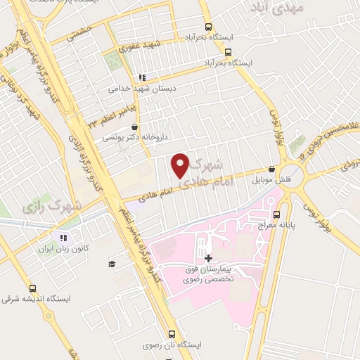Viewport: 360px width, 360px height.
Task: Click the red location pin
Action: pos(181,165)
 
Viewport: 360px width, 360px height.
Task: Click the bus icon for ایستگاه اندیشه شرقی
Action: pos(32,288)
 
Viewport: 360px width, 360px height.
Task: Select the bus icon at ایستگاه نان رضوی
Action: pos(172,335)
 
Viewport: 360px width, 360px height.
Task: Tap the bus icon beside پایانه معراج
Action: pos(276,214)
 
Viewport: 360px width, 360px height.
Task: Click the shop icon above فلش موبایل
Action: pos(272,169)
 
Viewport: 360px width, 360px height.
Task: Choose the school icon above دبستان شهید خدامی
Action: pos(142,78)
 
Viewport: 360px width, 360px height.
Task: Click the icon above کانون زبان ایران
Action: pos(64,238)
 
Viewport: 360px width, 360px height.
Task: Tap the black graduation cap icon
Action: pos(111,264)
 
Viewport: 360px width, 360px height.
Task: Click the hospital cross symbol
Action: pos(208,258)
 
